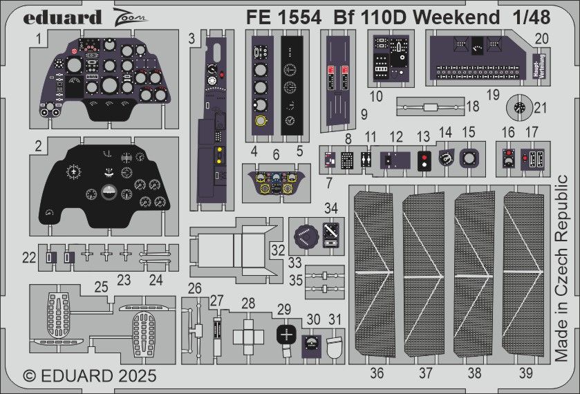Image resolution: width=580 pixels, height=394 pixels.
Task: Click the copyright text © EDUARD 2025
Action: coord(90,377)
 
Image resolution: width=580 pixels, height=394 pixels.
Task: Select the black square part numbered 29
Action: coord(285,335)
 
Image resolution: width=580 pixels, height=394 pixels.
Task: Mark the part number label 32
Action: coord(278,248)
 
